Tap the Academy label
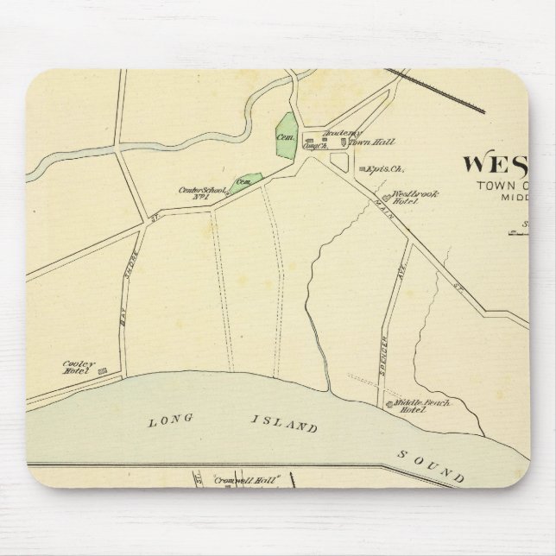click(x=338, y=134)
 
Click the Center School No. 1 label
click(x=201, y=193)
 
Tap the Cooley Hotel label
click(x=78, y=368)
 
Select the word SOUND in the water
click(x=432, y=465)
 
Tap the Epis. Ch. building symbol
click(x=362, y=168)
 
